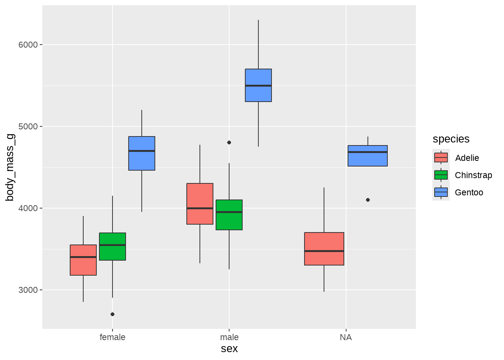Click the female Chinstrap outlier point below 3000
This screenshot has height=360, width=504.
pos(112,314)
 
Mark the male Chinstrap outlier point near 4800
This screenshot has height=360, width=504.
pos(229,142)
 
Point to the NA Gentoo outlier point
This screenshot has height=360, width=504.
pos(368,200)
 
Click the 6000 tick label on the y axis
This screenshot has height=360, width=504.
pos(28,45)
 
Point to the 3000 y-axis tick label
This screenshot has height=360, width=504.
pos(28,290)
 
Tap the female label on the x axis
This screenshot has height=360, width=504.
pos(112,337)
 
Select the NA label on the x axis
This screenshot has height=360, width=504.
pos(346,337)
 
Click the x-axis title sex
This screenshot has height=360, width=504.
pos(229,349)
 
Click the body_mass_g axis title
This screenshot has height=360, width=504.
pos(10,167)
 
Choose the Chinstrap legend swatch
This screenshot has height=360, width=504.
pos(441,175)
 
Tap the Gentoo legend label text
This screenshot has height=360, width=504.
pos(469,192)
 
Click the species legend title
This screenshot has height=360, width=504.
pos(451,139)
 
